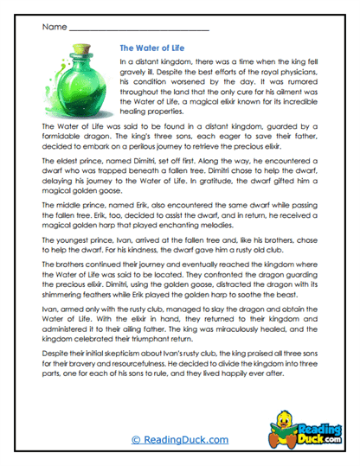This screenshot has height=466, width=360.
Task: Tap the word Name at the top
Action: pos(54,27)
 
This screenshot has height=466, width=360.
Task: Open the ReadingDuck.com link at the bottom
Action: pos(179,439)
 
